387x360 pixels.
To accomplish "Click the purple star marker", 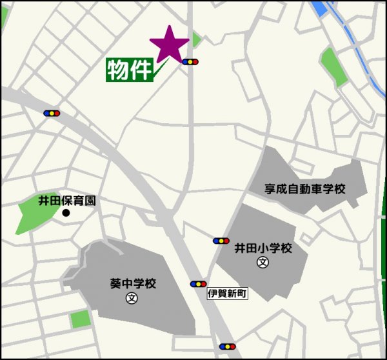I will point(169,45).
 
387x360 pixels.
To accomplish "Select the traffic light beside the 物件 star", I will point(190,63).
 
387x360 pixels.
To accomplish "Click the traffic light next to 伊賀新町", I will point(198,284).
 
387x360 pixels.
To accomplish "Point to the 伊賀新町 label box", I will point(227,294).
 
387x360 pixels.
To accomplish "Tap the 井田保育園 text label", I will point(67,201).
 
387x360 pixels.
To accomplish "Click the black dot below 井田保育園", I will point(65,213).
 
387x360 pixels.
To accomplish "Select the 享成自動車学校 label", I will point(305,189).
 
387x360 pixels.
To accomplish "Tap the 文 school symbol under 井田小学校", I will point(263,262).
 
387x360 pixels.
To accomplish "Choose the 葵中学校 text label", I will point(134,284).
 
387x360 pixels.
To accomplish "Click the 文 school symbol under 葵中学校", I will point(132,298).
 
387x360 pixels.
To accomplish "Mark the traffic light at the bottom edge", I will point(227,346).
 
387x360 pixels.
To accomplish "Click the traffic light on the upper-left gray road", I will point(52,113).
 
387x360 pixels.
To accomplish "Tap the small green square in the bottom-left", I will point(81,319).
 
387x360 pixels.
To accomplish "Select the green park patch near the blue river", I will point(333,65).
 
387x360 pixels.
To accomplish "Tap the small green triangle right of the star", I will point(196,39).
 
